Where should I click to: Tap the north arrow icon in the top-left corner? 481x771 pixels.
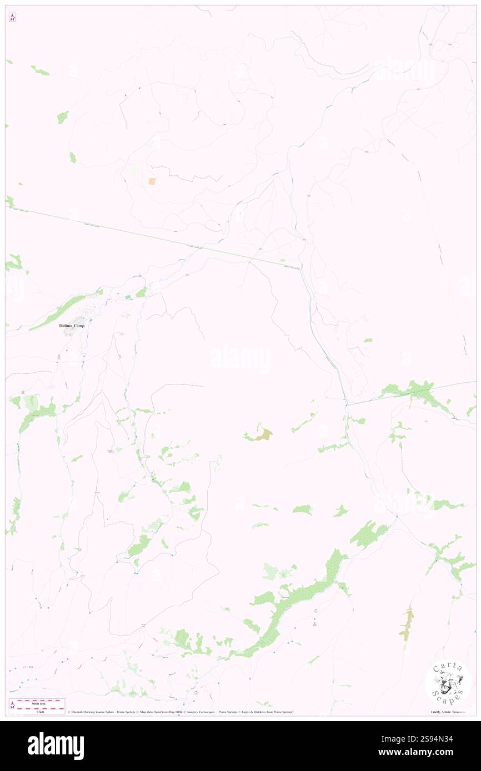point(12,17)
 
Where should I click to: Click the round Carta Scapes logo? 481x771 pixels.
point(448,683)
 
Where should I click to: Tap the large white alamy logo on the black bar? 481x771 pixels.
point(56,746)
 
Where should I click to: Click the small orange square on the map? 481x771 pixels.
point(152,181)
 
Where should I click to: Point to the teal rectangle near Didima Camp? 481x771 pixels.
point(129,297)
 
